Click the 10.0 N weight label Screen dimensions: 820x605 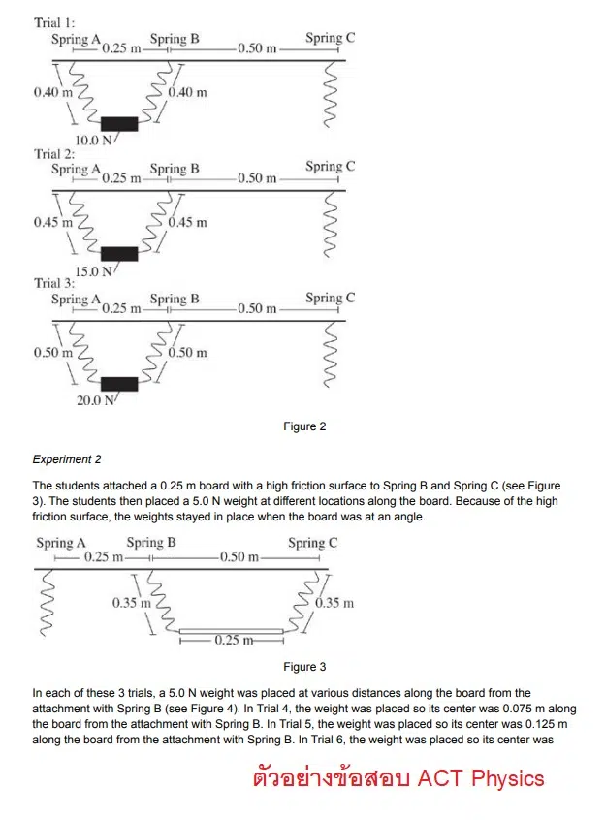click(94, 141)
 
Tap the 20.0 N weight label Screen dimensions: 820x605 click(94, 400)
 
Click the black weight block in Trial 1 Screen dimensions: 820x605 click(119, 122)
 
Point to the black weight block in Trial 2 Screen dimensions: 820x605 click(119, 253)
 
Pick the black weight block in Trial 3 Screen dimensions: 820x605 click(119, 383)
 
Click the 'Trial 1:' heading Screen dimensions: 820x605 click(54, 22)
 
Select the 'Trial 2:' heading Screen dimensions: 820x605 click(54, 153)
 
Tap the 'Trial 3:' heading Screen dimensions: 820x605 click(54, 283)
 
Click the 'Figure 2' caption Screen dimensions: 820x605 click(304, 426)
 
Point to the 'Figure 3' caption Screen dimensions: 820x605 click(304, 667)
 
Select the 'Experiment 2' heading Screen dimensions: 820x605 click(67, 459)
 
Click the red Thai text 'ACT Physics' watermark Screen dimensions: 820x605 click(398, 778)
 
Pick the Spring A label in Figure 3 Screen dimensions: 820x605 click(61, 543)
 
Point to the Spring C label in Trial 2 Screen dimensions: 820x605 click(330, 167)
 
